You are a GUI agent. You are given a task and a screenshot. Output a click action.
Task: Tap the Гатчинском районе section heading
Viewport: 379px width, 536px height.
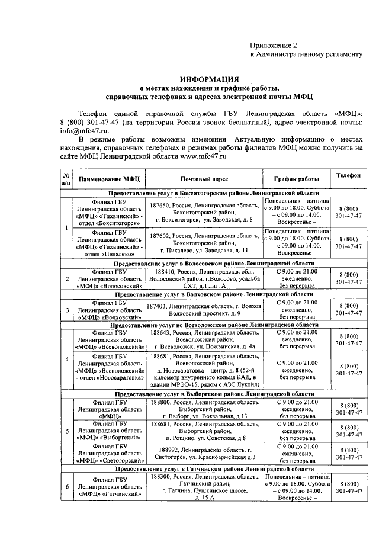coord(214,468)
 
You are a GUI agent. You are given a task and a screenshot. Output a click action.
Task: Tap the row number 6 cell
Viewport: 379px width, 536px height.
coord(67,486)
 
